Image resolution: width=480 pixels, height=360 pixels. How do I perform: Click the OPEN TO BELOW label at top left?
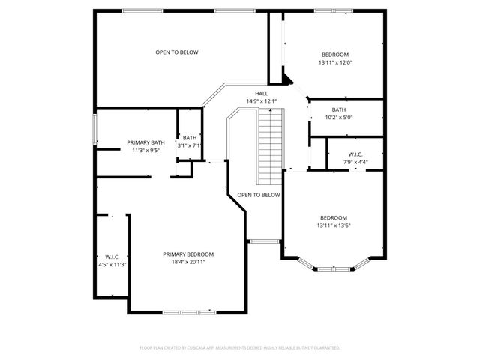[177, 52]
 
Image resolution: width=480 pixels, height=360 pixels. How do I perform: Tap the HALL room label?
[261, 94]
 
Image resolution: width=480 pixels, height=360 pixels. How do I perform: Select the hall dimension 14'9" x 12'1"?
[261, 101]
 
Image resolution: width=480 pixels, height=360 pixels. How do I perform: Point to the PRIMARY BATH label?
[145, 142]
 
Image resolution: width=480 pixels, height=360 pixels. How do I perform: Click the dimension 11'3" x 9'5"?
[145, 151]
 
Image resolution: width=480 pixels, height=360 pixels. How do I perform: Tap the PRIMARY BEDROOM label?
[188, 253]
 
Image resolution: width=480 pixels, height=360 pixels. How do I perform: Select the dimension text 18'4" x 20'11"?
[188, 262]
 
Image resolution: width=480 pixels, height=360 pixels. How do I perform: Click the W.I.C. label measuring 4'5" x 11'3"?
[112, 256]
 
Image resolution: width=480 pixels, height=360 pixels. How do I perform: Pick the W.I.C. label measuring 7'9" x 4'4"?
[355, 154]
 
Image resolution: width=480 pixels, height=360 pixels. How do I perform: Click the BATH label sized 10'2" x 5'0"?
[339, 109]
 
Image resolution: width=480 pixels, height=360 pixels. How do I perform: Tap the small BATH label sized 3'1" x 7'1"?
[189, 137]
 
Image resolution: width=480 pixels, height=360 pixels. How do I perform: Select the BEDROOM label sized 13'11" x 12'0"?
[334, 55]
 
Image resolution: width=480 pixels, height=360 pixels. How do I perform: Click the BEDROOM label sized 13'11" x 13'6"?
[334, 217]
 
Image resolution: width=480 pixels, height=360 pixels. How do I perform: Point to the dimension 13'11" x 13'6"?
[334, 226]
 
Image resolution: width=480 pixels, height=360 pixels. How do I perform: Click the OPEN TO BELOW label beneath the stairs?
[259, 195]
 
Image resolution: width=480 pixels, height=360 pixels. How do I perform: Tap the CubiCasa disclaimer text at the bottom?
[240, 348]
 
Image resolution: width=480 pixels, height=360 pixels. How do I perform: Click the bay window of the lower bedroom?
[334, 267]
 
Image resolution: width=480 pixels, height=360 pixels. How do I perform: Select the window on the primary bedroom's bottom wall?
[187, 311]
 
